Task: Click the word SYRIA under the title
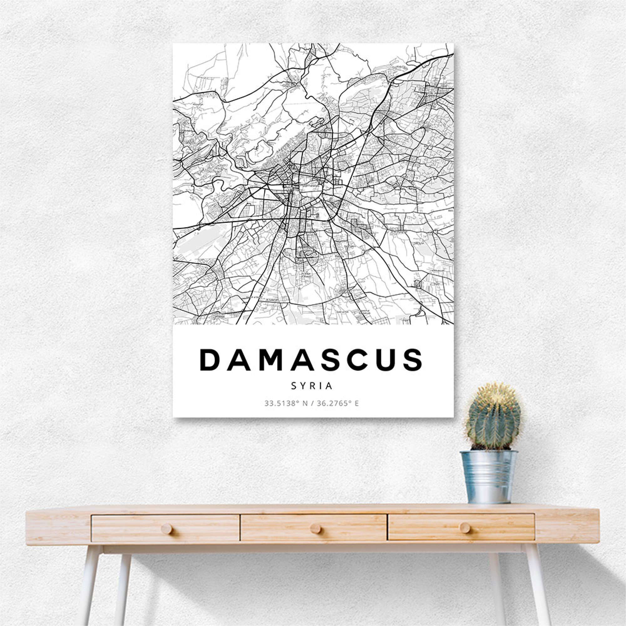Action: tap(312, 386)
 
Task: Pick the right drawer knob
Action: tap(464, 528)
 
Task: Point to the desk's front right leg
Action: tap(538, 583)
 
